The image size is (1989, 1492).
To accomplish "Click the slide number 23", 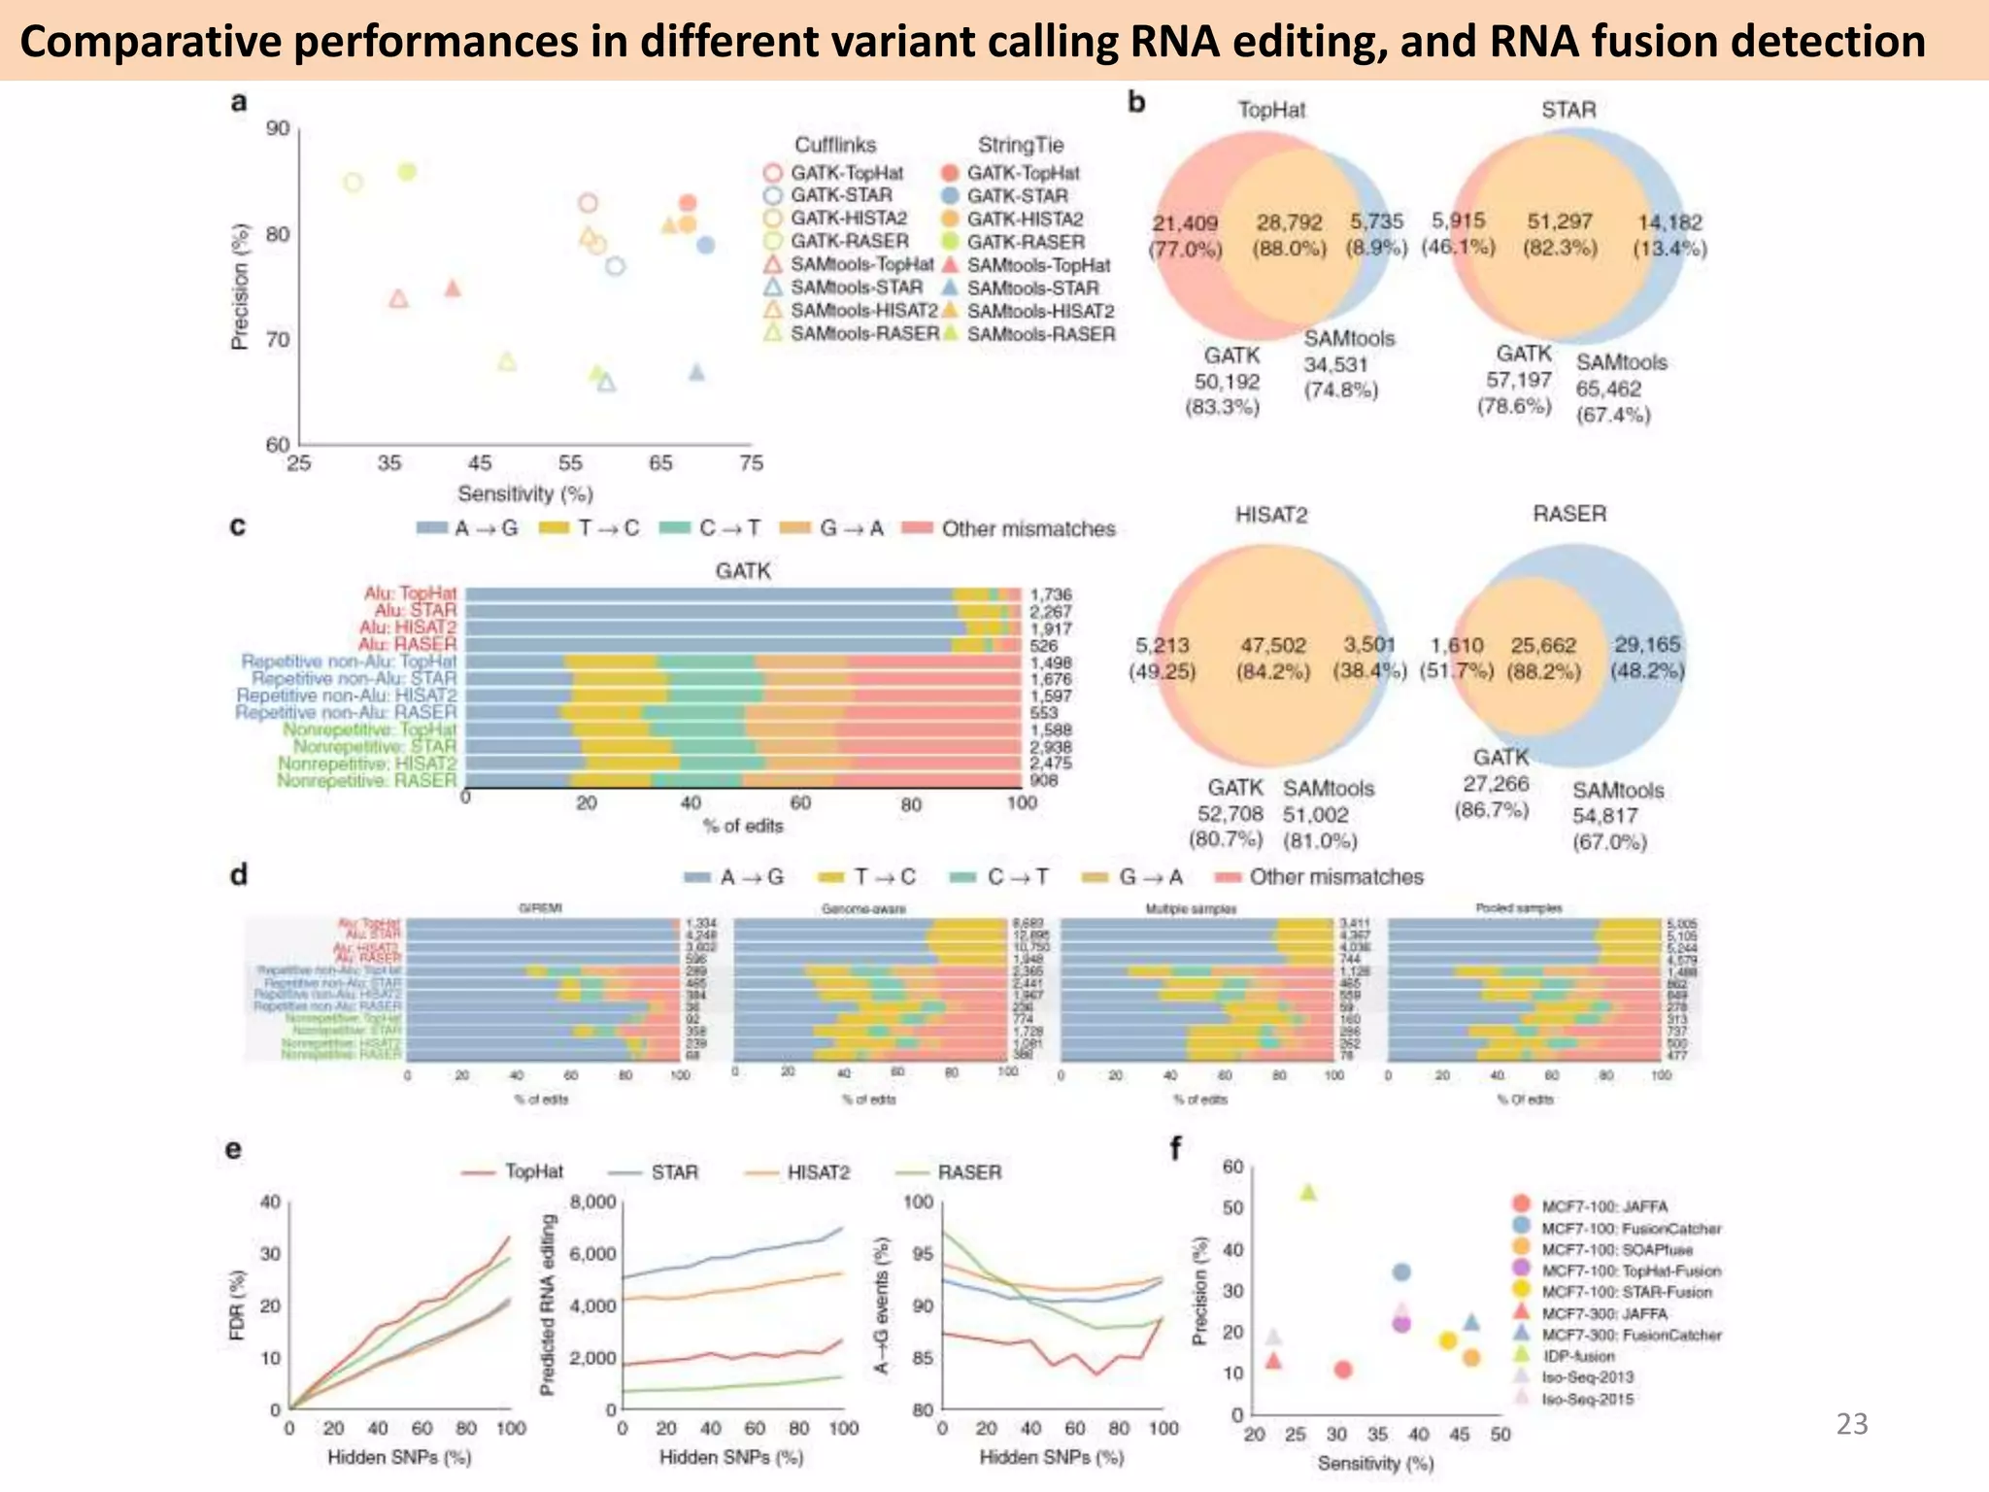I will [x=1852, y=1424].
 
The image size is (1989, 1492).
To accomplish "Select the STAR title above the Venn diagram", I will [x=1568, y=110].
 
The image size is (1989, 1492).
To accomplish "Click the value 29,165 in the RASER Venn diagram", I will [x=1647, y=645].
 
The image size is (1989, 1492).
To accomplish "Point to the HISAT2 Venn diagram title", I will [x=1271, y=515].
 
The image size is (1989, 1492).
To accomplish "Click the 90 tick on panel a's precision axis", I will [x=278, y=129].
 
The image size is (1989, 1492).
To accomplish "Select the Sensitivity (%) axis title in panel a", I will [x=524, y=493].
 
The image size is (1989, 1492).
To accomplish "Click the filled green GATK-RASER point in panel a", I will [x=407, y=172].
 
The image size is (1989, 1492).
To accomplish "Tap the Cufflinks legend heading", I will [x=834, y=146].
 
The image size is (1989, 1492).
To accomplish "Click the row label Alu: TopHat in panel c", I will [x=410, y=593].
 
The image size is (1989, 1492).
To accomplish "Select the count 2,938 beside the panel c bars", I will [x=1050, y=747].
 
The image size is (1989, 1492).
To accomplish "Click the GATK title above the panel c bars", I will [x=743, y=571].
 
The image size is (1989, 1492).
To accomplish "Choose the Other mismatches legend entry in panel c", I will [x=1028, y=529].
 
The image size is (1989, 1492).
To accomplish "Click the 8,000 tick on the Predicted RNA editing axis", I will [x=592, y=1203].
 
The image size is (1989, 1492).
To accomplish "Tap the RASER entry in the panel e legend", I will [x=968, y=1172].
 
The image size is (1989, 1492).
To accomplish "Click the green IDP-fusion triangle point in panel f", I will [x=1308, y=1192].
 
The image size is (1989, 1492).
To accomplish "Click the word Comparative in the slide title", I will [x=140, y=42].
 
